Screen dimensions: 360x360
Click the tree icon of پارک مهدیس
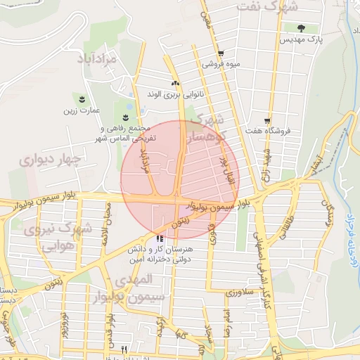301,29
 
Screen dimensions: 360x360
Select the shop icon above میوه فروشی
221,53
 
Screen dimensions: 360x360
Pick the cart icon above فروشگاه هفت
267,121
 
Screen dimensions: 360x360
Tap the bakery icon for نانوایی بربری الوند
175,83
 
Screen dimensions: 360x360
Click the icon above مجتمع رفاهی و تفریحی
126,117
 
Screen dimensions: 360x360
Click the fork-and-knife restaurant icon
124,348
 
